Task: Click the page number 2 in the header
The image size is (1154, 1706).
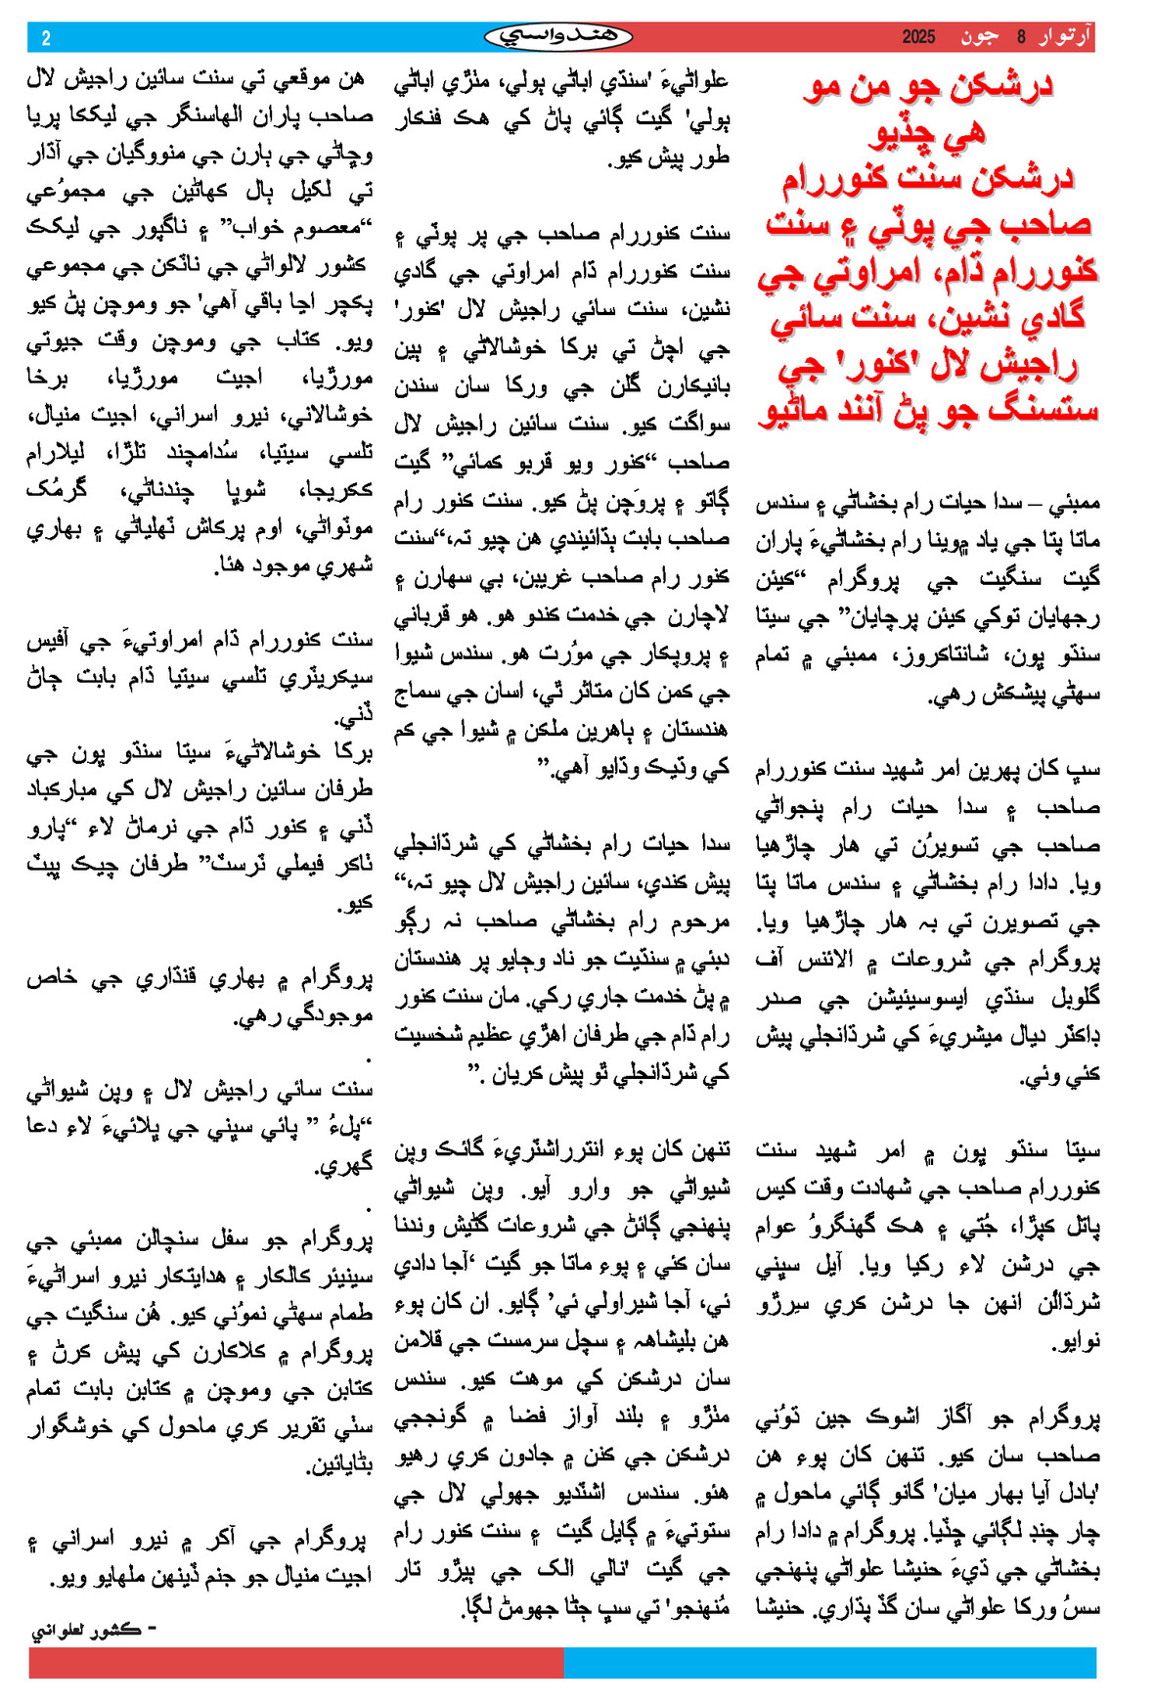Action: pyautogui.click(x=46, y=38)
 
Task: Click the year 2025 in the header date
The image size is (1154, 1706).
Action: pyautogui.click(x=918, y=37)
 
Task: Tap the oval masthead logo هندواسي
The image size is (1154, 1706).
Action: pyautogui.click(x=558, y=37)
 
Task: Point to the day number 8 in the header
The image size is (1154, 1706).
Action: pyautogui.click(x=1021, y=37)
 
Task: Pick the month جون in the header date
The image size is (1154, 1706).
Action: pyautogui.click(x=980, y=37)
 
